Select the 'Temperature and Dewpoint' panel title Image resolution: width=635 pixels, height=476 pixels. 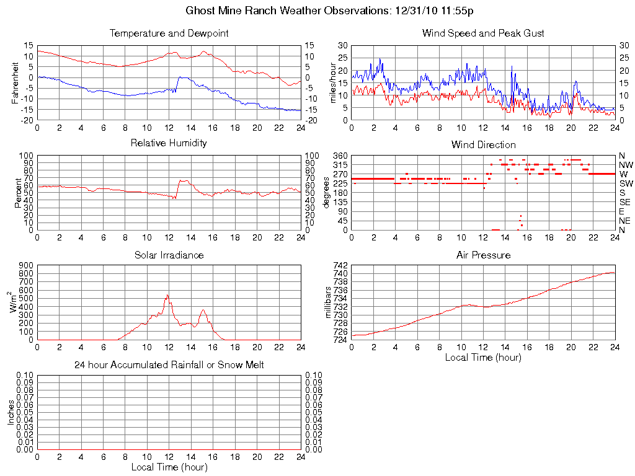pos(169,33)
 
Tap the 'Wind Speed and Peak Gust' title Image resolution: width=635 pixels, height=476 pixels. pos(483,33)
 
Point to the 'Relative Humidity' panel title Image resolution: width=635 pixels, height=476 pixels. pos(169,143)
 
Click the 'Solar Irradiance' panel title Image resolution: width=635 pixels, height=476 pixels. pos(169,255)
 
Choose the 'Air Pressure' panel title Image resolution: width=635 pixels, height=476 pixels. pos(483,255)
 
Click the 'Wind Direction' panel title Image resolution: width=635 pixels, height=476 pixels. pos(483,144)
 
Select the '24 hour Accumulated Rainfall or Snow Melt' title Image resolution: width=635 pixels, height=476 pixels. pos(169,365)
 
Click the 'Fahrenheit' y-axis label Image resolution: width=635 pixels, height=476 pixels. pos(16,82)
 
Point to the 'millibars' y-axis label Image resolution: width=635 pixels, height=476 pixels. pos(329,302)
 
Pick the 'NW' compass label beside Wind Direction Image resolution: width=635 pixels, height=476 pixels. pos(626,165)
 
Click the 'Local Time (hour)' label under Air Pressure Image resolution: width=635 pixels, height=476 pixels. pos(483,357)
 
